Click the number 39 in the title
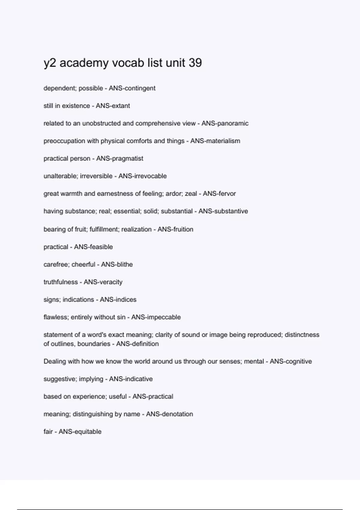(195, 63)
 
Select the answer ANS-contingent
(132, 88)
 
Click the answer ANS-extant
(113, 106)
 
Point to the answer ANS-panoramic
(225, 123)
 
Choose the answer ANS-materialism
(215, 141)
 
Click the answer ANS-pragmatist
(120, 158)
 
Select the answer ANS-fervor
(219, 194)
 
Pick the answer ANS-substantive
(223, 211)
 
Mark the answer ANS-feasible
(93, 247)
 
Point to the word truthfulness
(60, 282)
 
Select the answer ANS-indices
(118, 300)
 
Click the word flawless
(56, 317)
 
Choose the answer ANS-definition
(137, 344)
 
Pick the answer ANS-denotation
(169, 414)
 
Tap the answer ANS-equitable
(80, 432)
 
